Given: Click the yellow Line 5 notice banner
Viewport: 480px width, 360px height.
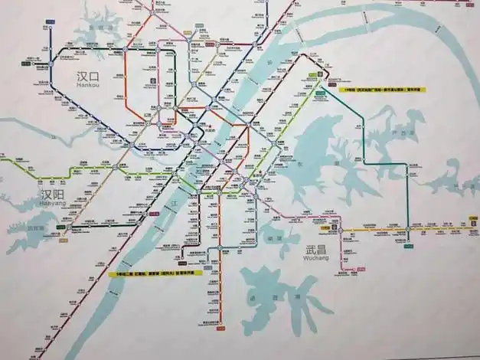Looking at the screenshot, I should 155,273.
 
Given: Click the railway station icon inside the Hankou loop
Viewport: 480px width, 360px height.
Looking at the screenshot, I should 152,80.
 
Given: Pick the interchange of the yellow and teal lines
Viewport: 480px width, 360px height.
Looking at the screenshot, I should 407,229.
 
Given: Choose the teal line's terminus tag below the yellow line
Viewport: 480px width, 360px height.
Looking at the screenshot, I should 407,246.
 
